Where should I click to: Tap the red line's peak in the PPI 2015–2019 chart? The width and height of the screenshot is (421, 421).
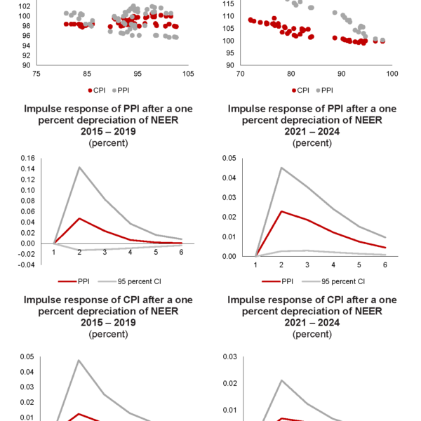point(79,218)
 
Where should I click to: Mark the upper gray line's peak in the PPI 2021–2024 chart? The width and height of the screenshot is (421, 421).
point(281,167)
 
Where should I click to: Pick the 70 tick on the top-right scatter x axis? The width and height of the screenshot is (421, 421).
point(241,73)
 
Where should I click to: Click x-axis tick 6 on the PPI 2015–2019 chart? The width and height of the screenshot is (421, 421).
point(181,251)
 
